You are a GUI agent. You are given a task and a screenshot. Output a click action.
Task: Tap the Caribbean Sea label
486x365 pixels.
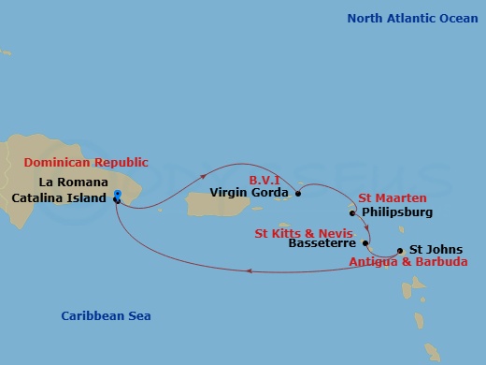pos(106,315)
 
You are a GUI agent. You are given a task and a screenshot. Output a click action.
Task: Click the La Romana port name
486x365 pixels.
pos(74,182)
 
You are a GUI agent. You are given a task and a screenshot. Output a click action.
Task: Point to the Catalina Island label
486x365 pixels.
pos(60,197)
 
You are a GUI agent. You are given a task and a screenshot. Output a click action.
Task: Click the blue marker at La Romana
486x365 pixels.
pos(117,196)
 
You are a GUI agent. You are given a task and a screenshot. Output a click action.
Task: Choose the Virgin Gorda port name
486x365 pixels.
pos(249,194)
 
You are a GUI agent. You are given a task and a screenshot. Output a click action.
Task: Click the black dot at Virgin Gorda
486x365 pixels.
pos(298,194)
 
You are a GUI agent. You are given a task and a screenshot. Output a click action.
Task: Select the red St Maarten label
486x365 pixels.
pos(393,197)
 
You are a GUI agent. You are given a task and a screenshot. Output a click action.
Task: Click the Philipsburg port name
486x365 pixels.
pos(396,213)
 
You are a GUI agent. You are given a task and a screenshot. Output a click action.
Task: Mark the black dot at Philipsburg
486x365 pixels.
pos(352,213)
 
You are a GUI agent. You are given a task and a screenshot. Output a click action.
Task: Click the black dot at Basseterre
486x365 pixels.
pos(366,245)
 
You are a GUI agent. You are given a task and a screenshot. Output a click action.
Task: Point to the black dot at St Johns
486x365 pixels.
pos(400,250)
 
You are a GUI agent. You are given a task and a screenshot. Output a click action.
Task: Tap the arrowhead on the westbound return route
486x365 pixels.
pos(250,272)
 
